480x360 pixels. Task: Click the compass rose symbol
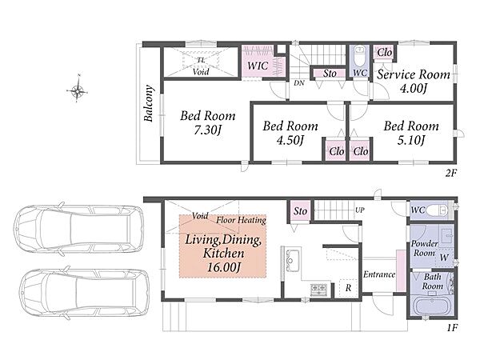[x=77, y=90]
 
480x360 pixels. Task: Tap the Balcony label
[x=149, y=103]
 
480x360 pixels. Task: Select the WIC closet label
[x=258, y=66]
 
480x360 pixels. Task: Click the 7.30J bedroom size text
[x=207, y=130]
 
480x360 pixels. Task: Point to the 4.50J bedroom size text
[x=290, y=140]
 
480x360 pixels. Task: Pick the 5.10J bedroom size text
[x=411, y=140]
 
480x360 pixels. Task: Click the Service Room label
[x=414, y=74]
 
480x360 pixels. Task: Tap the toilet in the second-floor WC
[x=359, y=56]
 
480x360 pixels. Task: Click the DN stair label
[x=299, y=82]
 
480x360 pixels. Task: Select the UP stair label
[x=360, y=210]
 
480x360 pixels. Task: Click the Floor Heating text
[x=242, y=220]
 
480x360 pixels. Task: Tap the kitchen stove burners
[x=319, y=290]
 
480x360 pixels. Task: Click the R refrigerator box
[x=348, y=288]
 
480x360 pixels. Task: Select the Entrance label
[x=379, y=274]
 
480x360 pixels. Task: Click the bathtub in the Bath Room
[x=433, y=306]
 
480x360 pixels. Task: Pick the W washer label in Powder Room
[x=444, y=258]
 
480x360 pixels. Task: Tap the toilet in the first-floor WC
[x=437, y=210]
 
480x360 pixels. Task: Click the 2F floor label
[x=451, y=174]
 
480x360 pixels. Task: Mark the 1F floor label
[x=452, y=328]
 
